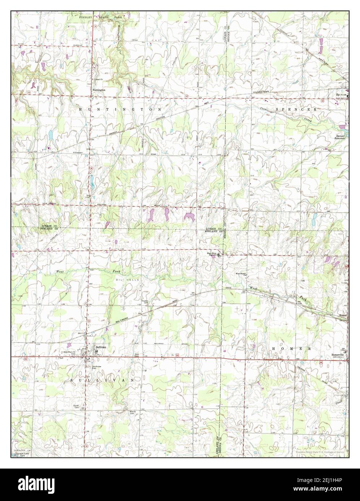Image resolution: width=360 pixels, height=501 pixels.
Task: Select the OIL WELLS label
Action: [123, 280]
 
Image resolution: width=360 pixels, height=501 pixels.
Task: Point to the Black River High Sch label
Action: [212, 254]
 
